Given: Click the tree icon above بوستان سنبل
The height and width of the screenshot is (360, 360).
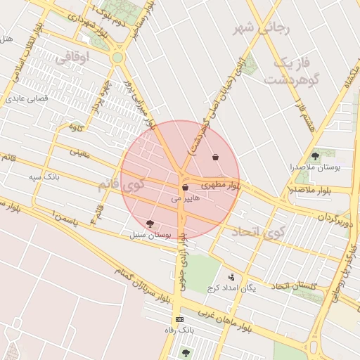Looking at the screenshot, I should (150, 224).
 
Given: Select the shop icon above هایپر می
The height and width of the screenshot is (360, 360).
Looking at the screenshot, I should (185, 188).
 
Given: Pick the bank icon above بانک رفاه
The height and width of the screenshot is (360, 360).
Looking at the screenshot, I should (180, 319).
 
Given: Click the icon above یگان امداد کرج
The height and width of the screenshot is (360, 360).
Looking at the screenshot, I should (231, 278).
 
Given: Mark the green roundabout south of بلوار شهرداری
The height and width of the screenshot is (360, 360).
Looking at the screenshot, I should (117, 57).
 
